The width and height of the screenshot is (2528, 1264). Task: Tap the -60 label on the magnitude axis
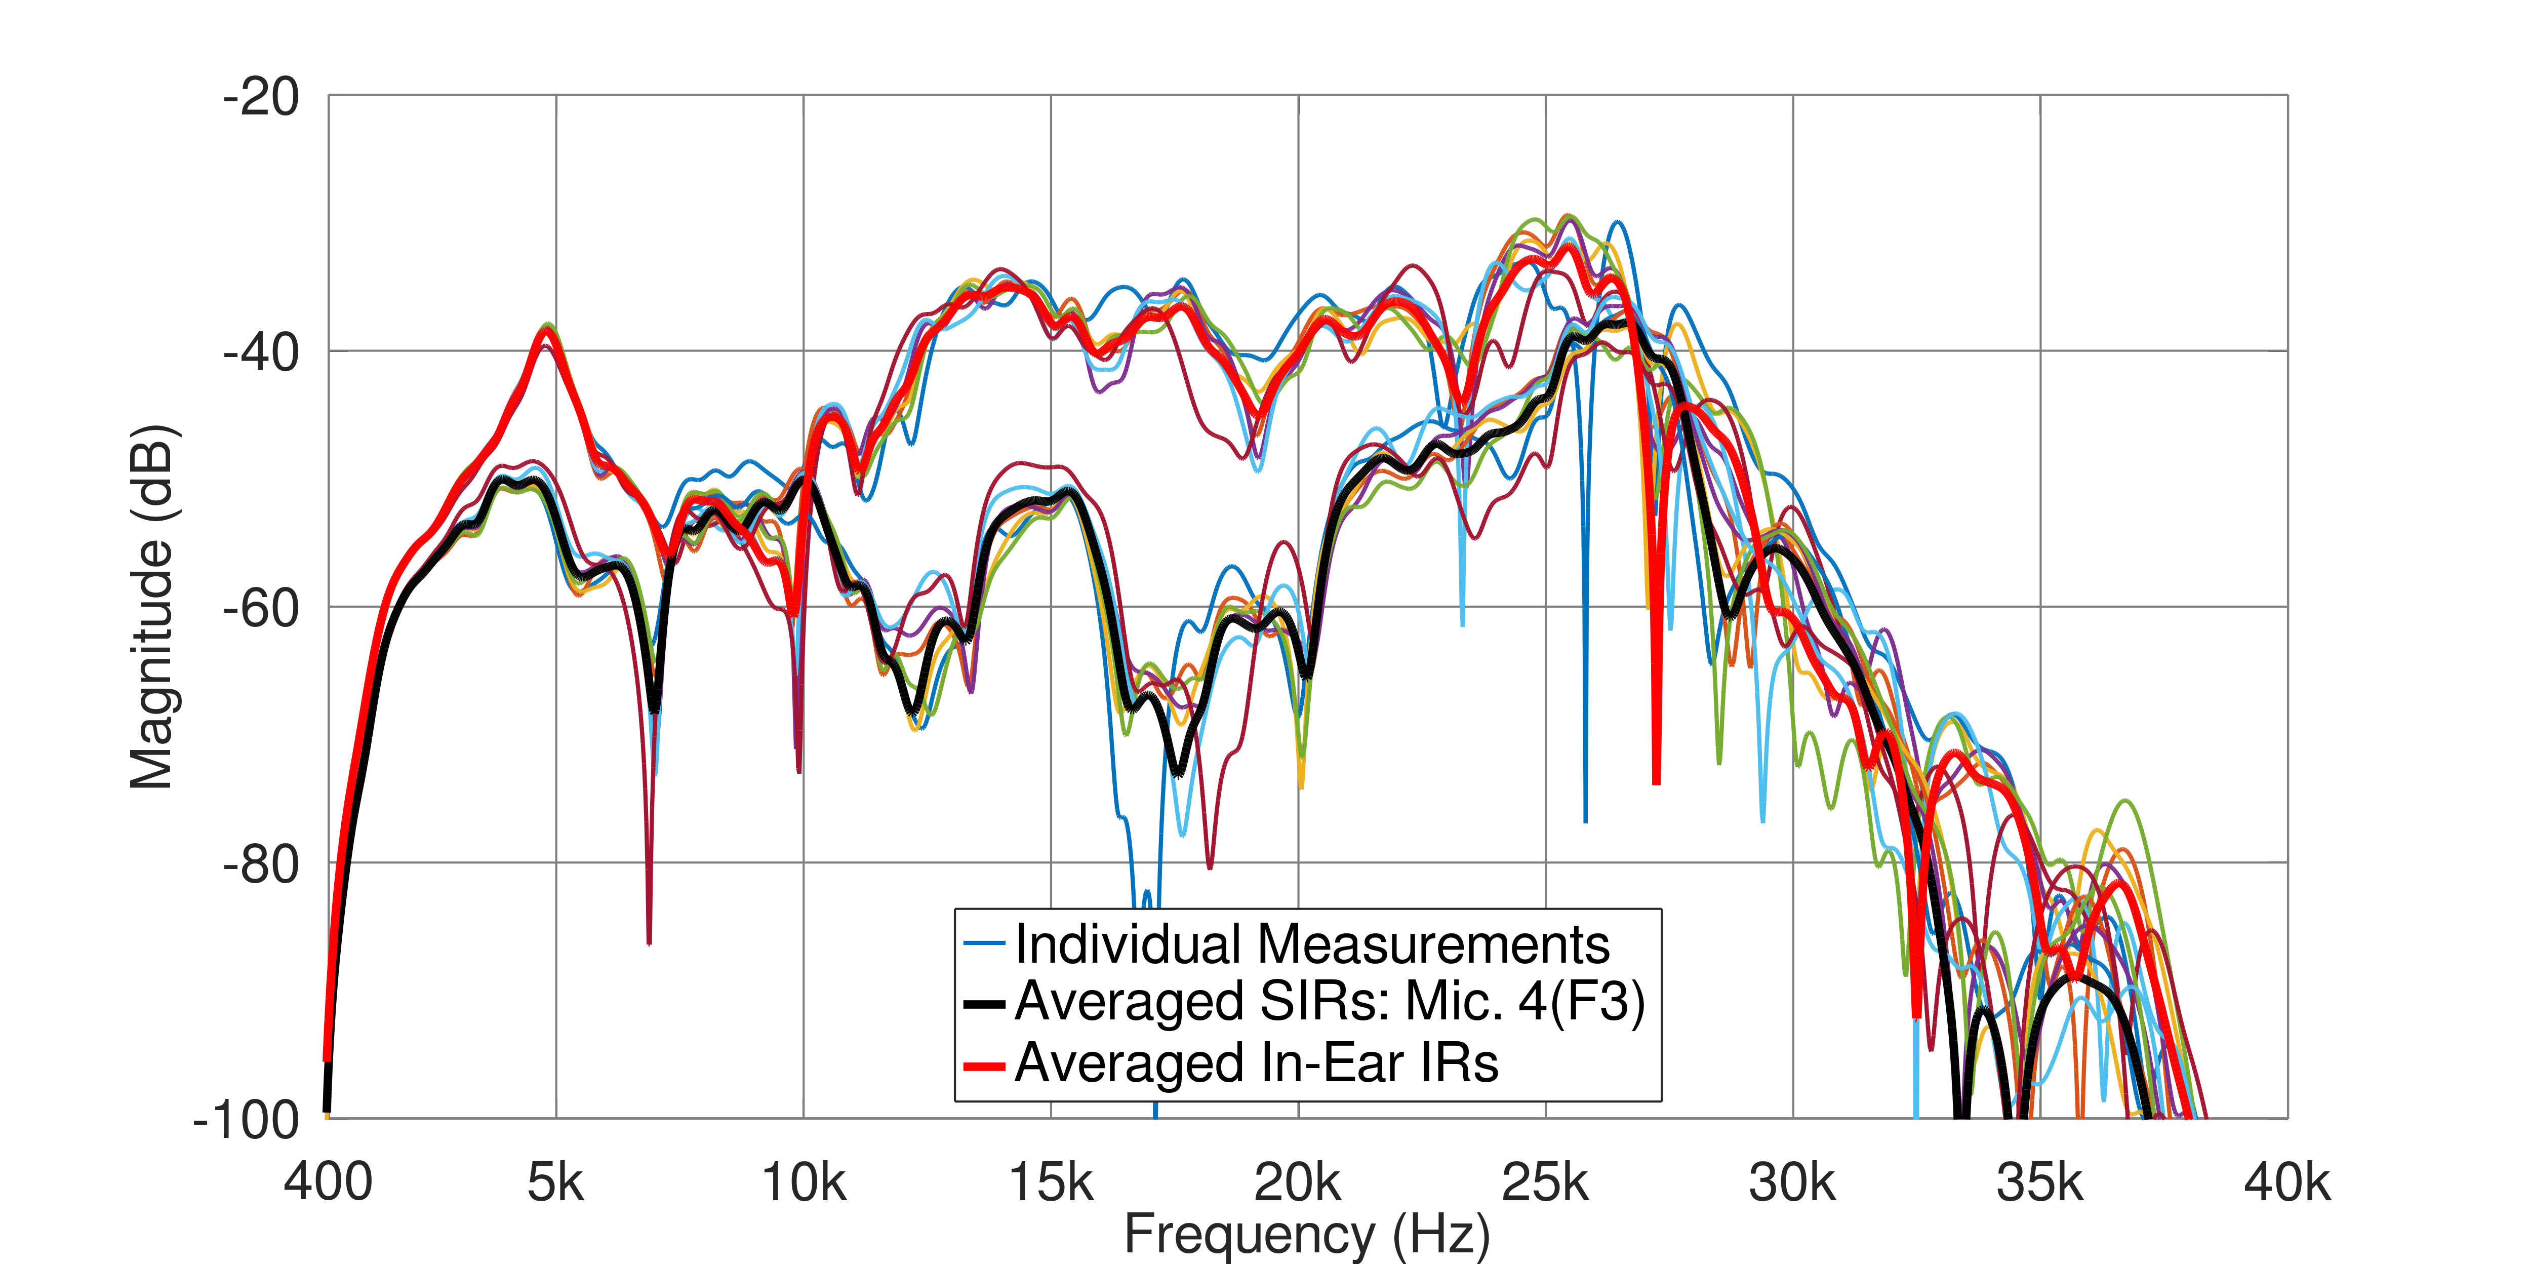261,608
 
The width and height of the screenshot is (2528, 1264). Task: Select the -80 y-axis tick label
261,864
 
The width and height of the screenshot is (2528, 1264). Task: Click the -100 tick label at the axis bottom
247,1120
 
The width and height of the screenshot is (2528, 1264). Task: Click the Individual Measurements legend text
1312,944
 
